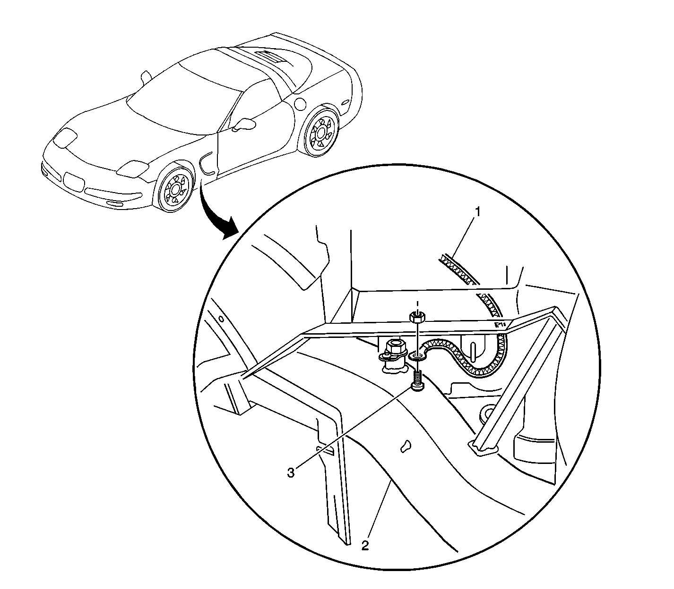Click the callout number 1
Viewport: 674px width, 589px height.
477,212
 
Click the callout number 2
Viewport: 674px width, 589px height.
365,545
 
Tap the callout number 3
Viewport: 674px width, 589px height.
291,473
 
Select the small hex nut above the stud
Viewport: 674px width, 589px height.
417,317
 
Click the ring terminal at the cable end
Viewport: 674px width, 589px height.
417,356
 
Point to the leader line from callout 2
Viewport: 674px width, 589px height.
380,510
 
